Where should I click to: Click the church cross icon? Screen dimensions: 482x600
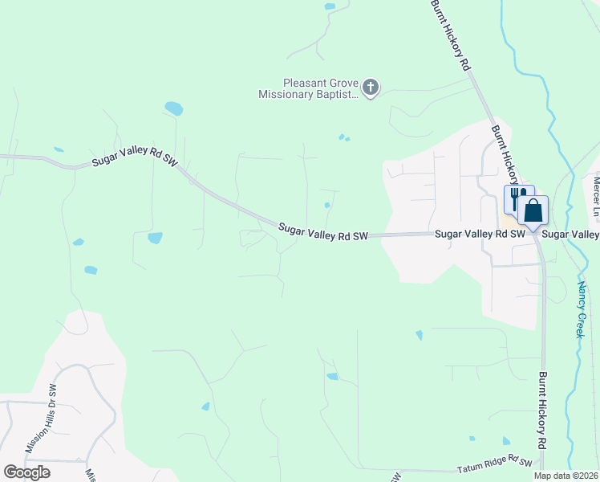(370, 87)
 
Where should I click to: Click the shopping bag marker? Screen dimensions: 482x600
(533, 210)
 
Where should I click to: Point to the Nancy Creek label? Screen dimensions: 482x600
(582, 309)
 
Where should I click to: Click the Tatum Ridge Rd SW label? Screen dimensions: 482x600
(495, 465)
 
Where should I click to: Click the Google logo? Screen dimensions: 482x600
(26, 472)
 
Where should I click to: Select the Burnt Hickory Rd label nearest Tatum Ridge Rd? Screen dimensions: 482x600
(543, 410)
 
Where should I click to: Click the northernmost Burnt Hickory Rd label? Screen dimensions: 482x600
(449, 36)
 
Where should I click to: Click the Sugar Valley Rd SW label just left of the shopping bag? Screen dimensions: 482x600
(480, 234)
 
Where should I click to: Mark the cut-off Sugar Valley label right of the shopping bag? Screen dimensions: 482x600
(570, 234)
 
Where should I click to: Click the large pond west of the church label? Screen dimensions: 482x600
(173, 108)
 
